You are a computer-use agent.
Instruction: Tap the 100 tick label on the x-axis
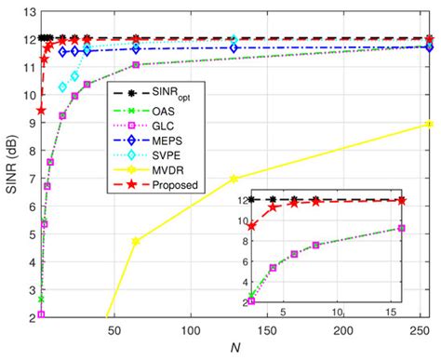coord(191,331)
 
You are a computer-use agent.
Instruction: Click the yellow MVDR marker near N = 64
coord(136,241)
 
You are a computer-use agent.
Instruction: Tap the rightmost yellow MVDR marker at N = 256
coord(428,124)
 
